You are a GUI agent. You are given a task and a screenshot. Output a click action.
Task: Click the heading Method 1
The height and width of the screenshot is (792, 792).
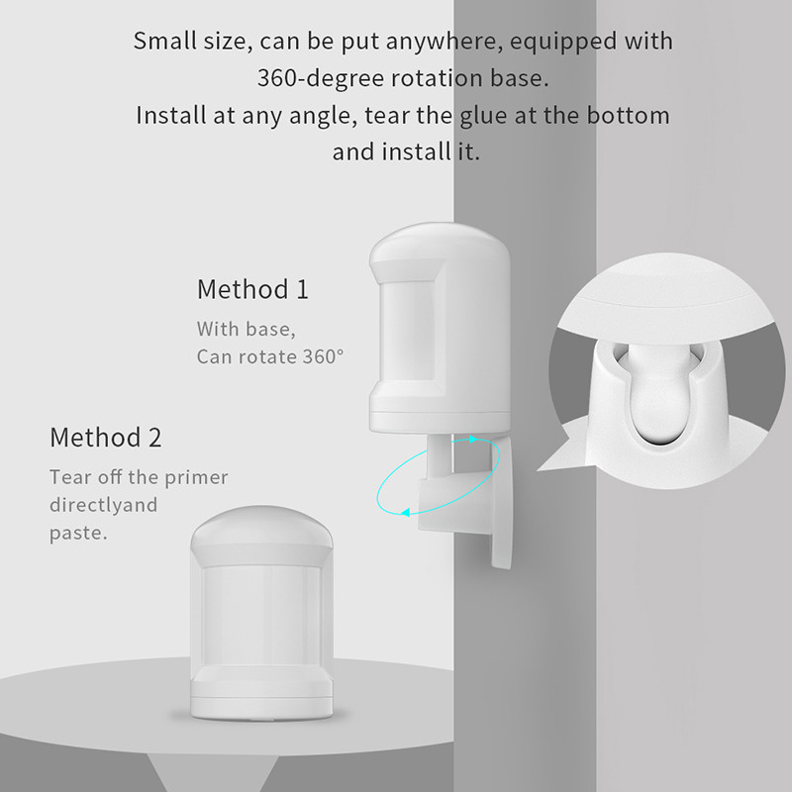[x=252, y=290]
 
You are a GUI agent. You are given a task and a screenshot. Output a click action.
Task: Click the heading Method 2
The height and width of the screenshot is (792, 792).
[x=106, y=437]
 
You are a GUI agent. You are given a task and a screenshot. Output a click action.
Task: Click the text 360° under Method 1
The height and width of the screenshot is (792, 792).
[x=320, y=356]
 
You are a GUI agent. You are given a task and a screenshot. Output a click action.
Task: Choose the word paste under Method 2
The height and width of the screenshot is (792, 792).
[x=76, y=534]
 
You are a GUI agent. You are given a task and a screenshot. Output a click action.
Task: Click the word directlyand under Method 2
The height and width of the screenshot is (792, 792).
[x=104, y=506]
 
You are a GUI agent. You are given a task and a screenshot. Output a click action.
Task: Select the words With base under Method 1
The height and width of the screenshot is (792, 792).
[x=246, y=329]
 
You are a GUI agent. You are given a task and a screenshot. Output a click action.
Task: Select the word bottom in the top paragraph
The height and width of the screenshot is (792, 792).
[x=627, y=115]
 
